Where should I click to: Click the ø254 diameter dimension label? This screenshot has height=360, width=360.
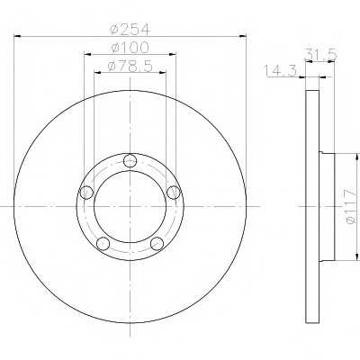130,30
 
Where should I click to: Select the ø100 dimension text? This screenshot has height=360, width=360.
130,48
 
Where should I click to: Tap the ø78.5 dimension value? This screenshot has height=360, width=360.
130,66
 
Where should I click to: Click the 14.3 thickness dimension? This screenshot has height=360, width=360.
280,71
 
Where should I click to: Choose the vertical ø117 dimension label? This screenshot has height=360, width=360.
351,206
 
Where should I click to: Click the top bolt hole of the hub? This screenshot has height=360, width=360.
130,160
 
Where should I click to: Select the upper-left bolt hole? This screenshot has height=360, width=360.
86,192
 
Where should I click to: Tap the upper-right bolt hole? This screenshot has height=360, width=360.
174,192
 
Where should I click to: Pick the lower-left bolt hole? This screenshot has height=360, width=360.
103,243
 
